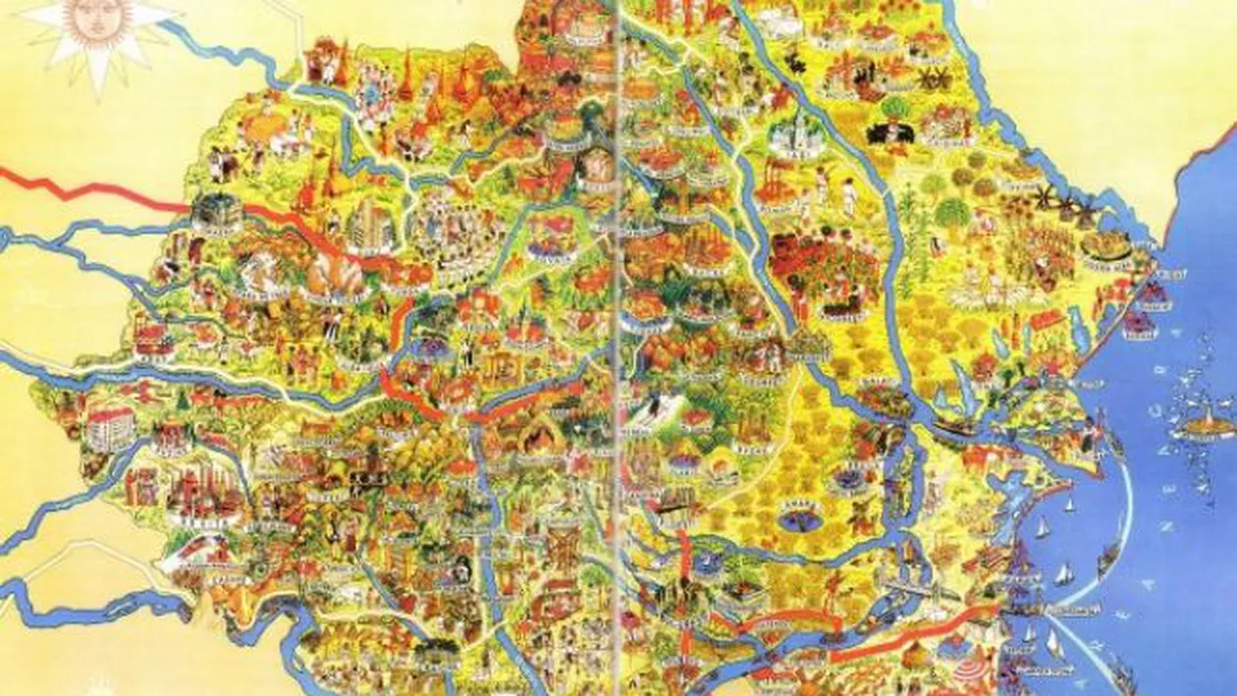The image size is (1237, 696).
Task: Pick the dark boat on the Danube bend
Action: [957, 428]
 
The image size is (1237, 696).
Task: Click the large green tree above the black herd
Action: [895, 106]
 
